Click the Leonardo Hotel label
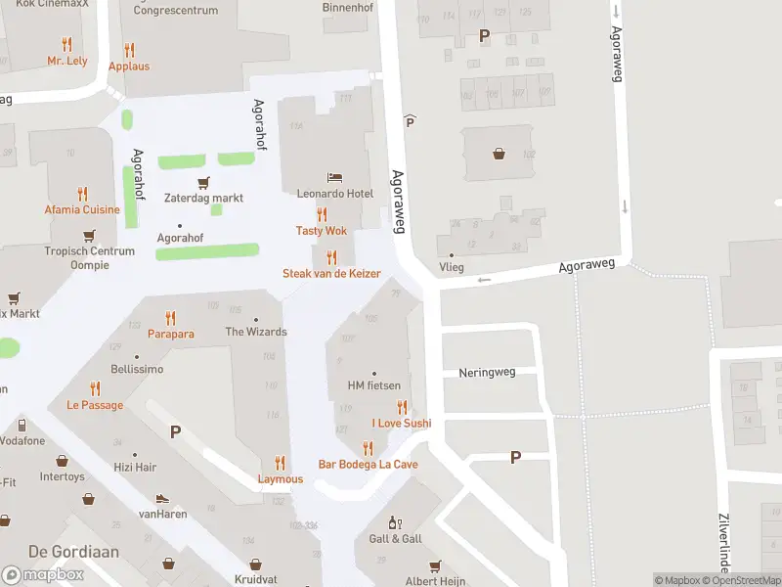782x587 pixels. pos(335,194)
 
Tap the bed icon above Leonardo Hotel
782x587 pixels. pos(335,178)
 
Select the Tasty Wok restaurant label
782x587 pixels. pos(322,231)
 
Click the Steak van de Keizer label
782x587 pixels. pos(331,274)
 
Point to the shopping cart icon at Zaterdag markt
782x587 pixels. pos(203,182)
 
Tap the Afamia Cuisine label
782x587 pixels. pos(82,209)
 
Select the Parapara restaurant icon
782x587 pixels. pos(171,318)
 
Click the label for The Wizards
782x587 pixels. pos(256,332)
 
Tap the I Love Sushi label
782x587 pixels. pos(401,423)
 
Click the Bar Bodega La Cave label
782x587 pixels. pos(368,464)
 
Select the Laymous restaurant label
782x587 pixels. pos(281,479)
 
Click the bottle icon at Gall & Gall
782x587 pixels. pos(395,523)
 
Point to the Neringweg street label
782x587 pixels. pos(486,373)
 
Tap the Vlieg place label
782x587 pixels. pos(452,266)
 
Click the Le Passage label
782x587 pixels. pos(95,405)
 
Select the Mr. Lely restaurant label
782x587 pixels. pos(67,61)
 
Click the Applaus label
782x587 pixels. pos(129,67)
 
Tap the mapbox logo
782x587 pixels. pos(43,574)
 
